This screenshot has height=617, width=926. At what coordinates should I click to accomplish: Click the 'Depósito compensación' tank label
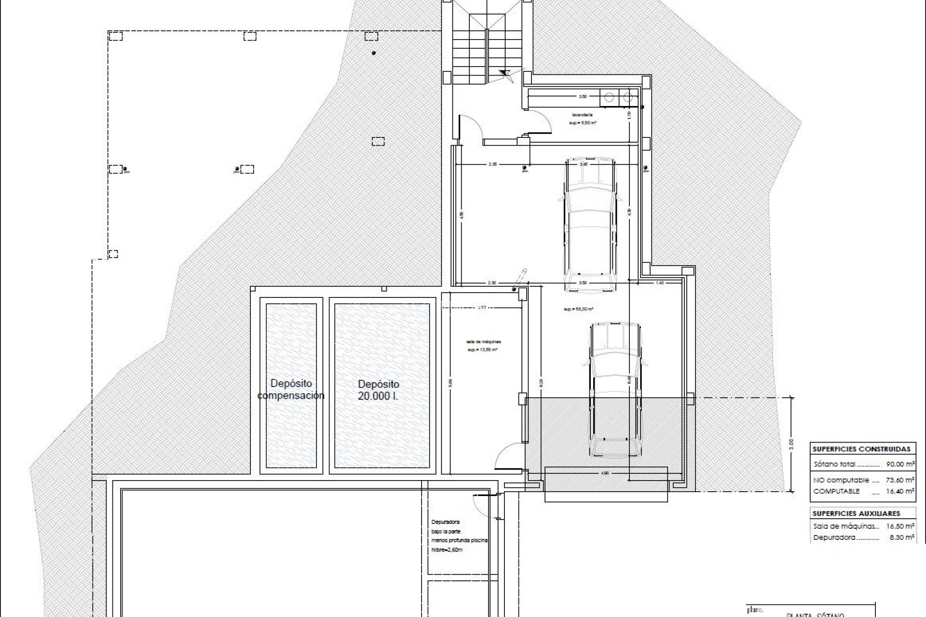(x=291, y=389)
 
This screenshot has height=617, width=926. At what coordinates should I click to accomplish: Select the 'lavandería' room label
(x=583, y=115)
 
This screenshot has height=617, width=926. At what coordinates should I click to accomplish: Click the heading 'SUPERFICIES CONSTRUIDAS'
(x=861, y=449)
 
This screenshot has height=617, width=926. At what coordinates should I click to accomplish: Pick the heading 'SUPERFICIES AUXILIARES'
(x=856, y=513)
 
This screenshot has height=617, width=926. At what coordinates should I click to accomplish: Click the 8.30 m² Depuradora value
(x=903, y=537)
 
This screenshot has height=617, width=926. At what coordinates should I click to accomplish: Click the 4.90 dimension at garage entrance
(x=606, y=473)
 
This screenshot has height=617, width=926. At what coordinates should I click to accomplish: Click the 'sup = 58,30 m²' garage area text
(x=578, y=309)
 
